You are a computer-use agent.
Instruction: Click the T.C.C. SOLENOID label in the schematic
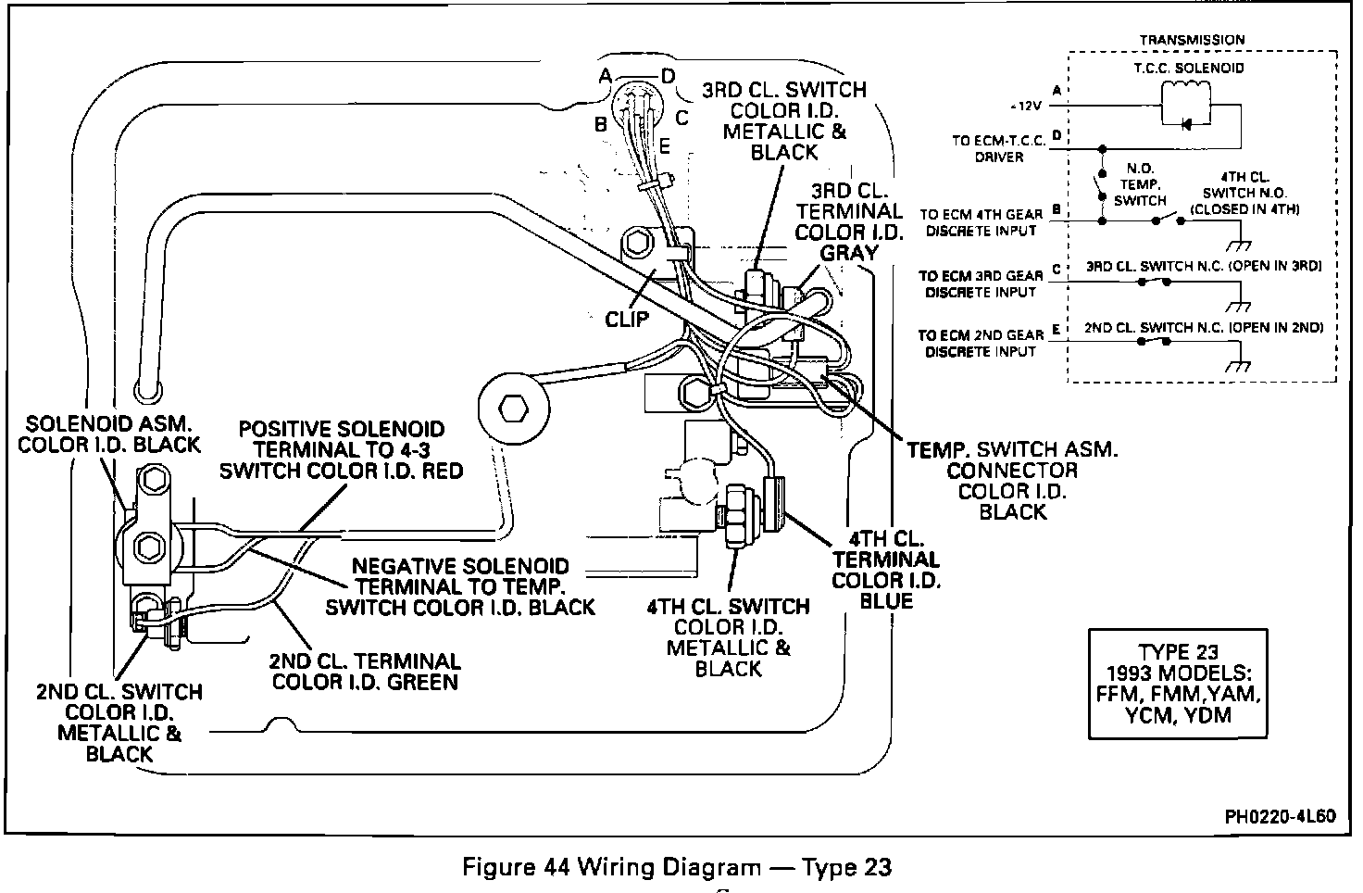(1202, 68)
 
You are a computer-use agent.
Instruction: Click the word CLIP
(627, 320)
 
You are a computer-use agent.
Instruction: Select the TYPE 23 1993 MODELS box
(1177, 684)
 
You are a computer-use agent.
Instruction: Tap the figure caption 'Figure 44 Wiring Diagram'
(676, 867)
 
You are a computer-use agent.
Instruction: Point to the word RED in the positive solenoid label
(440, 471)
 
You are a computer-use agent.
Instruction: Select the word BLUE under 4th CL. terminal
(886, 601)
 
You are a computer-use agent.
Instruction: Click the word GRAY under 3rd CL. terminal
(848, 254)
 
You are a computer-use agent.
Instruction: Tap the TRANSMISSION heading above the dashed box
(1192, 40)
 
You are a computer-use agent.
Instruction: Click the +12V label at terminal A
(1030, 106)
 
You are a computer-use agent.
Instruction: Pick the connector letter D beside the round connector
(668, 76)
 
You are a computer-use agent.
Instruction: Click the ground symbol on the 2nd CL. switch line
(1237, 364)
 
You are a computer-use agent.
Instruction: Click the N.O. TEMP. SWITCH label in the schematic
(1139, 184)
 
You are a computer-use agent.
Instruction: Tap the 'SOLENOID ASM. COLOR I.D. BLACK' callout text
(113, 434)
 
